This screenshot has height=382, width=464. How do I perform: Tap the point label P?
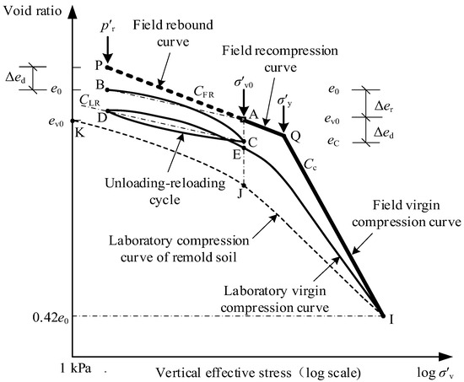tap(98, 65)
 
